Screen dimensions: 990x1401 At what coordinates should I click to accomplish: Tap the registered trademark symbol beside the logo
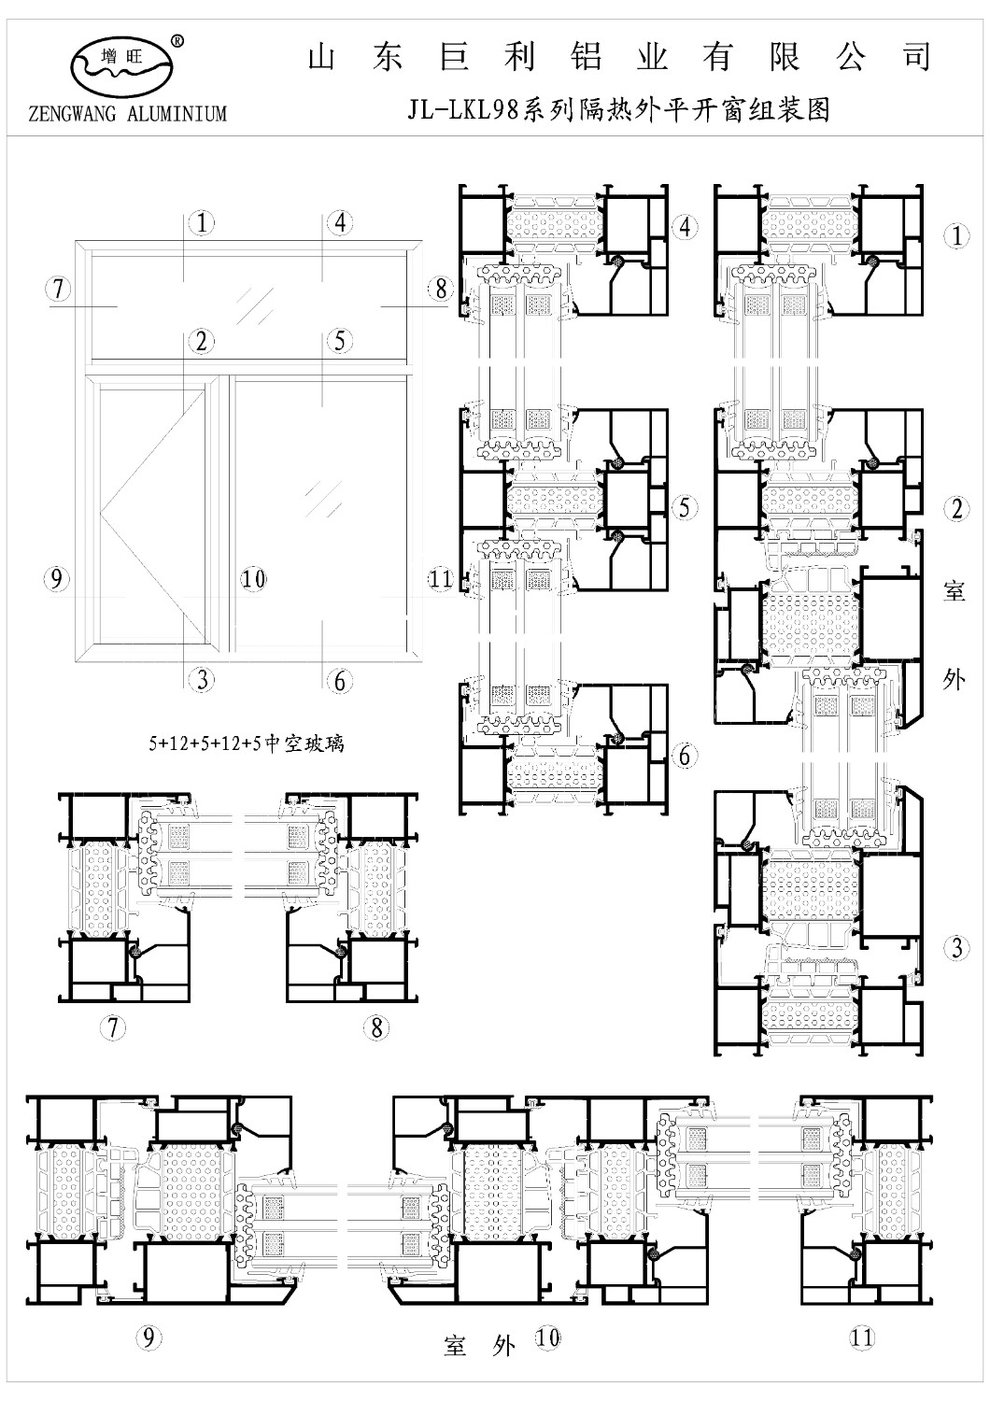coord(177,42)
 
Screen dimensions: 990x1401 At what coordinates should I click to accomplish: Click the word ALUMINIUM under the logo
coord(177,113)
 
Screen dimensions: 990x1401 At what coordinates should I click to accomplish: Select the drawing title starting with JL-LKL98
coord(618,111)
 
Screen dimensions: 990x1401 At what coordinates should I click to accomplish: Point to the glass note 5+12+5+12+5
coord(246,743)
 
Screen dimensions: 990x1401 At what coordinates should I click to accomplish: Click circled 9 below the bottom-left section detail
coord(148,1337)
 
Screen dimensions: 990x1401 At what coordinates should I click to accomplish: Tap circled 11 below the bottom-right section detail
coord(861,1337)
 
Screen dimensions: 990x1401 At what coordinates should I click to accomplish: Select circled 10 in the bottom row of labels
coord(548,1337)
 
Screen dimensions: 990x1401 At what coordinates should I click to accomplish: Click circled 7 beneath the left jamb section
coord(113,1027)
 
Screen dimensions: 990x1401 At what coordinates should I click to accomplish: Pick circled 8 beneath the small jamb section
coord(376,1027)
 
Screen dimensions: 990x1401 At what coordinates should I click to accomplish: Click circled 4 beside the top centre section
coord(685,227)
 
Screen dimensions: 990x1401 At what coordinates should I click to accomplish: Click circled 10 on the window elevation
coord(254,579)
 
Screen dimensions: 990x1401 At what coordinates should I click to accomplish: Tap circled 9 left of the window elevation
coord(56,579)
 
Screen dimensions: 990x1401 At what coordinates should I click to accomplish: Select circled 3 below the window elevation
coord(202,680)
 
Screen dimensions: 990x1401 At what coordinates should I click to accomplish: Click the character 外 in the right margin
coord(955,679)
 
